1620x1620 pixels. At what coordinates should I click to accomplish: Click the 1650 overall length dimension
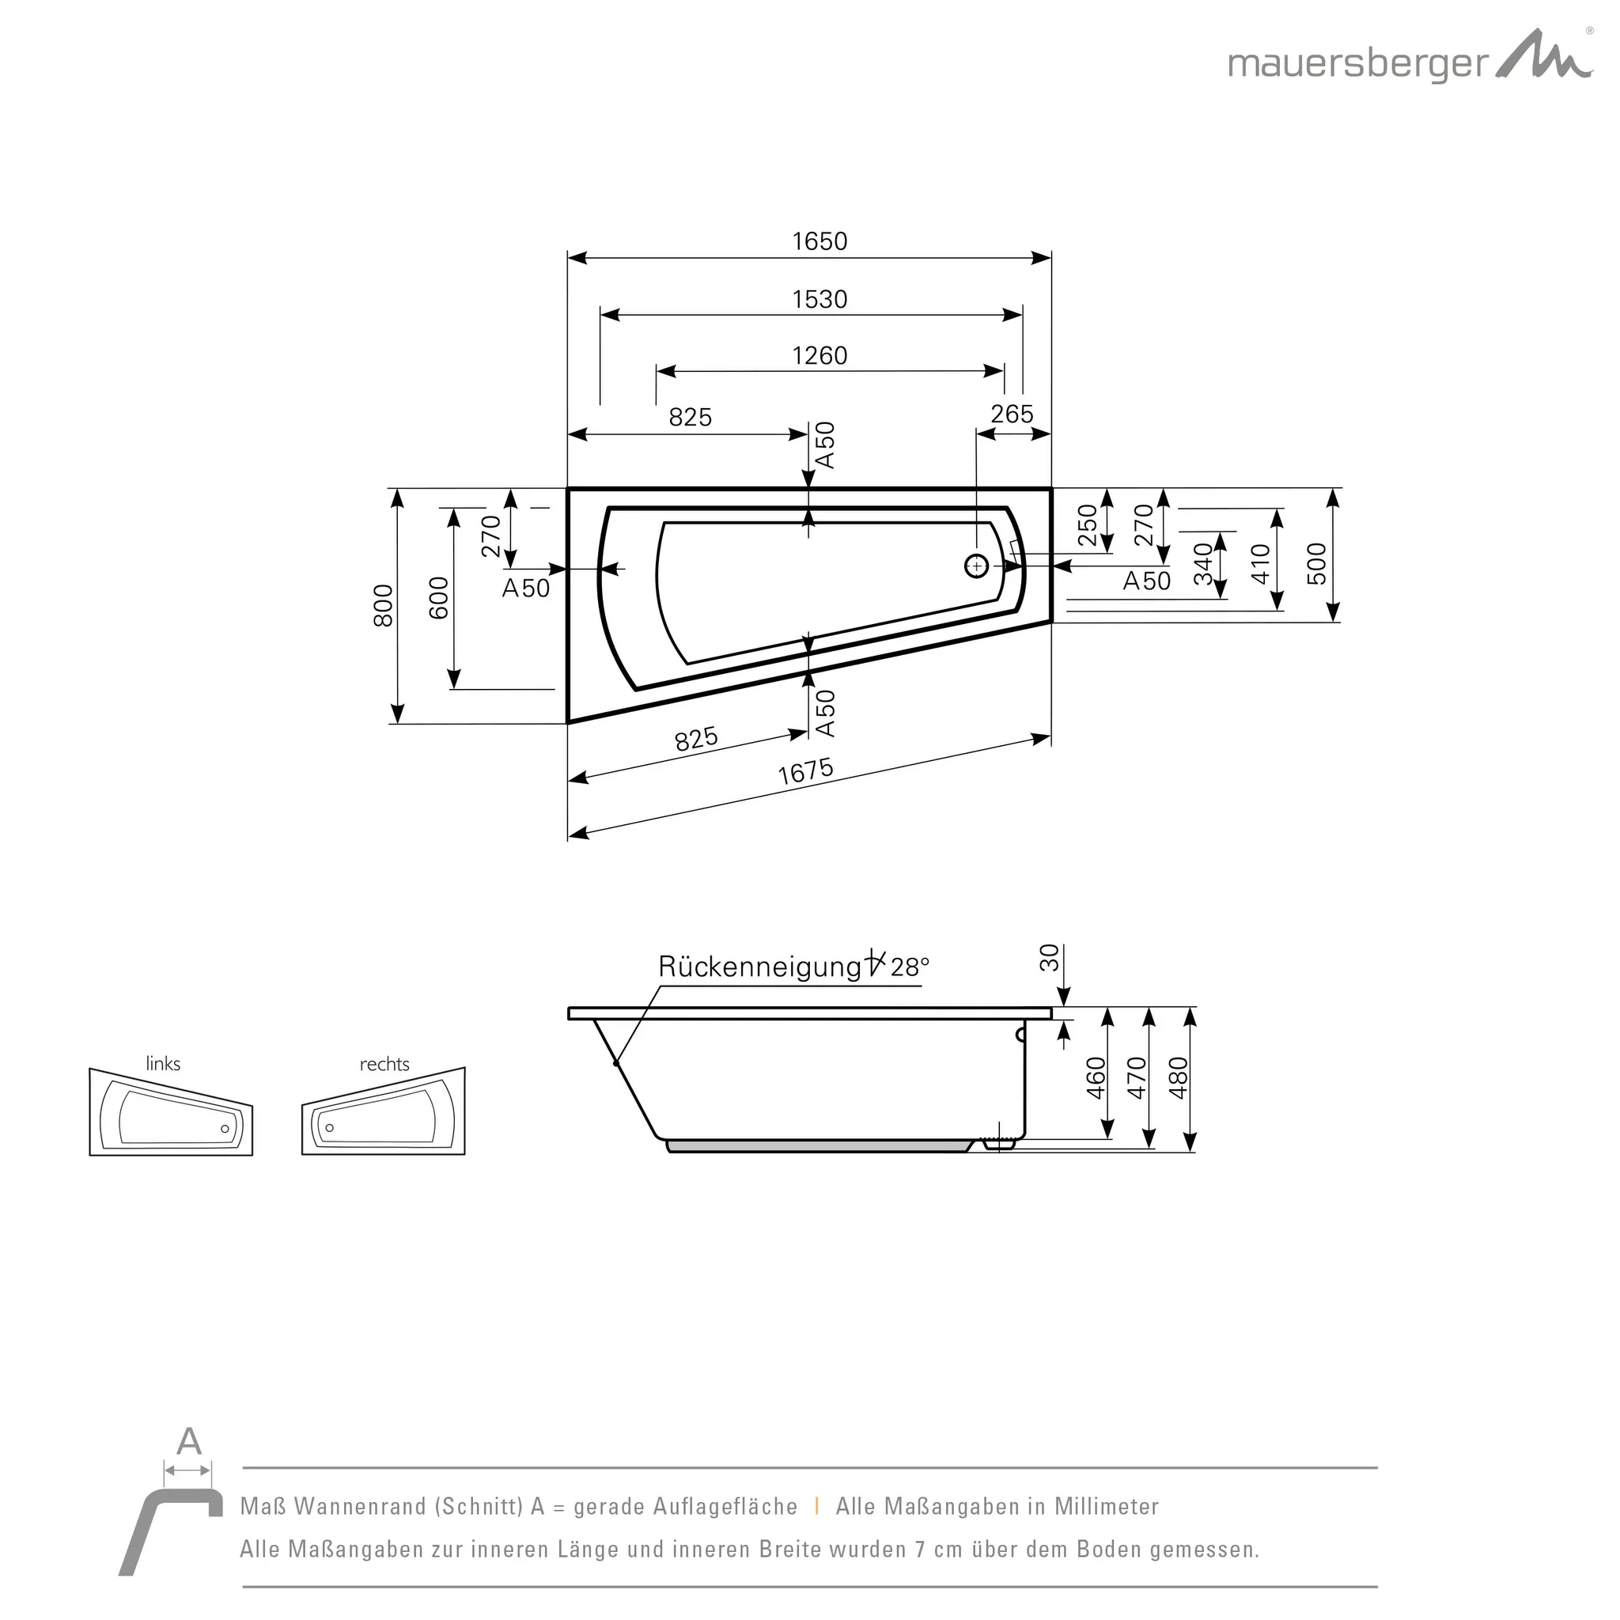[x=819, y=241]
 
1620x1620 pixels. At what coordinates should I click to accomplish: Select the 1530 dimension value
[x=819, y=299]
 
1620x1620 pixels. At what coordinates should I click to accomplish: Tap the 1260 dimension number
[x=819, y=355]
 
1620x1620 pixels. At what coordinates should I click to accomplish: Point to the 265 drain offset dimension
[x=1011, y=414]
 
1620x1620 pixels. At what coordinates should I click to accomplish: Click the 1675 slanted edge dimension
[x=805, y=771]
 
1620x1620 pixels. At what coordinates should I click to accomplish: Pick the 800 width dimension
[x=383, y=605]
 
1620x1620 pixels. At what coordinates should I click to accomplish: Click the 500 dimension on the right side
[x=1317, y=563]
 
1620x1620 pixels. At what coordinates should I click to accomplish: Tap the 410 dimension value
[x=1260, y=563]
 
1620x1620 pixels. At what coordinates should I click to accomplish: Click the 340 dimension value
[x=1203, y=563]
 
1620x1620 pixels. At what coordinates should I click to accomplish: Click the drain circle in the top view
[x=976, y=567]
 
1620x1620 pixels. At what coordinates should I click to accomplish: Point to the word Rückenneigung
[x=759, y=967]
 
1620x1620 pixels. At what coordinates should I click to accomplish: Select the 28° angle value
[x=910, y=967]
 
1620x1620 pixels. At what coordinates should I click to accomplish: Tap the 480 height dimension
[x=1178, y=1077]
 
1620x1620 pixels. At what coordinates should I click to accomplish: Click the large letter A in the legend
[x=189, y=1441]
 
